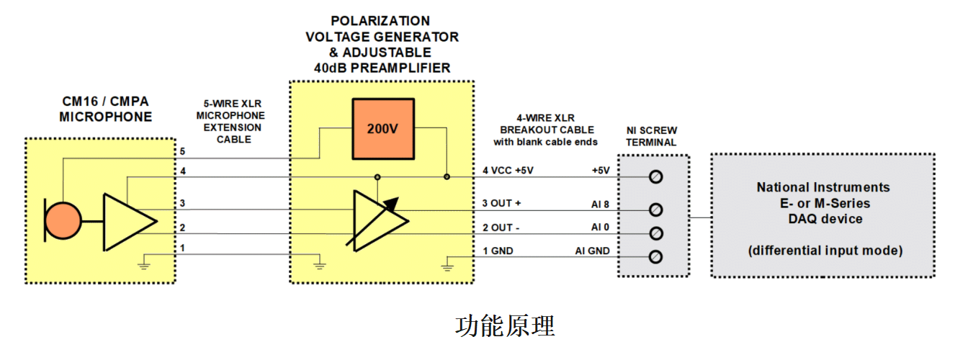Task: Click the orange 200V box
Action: [383, 129]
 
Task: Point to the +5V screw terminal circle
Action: [655, 176]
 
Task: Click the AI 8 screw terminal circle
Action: [655, 209]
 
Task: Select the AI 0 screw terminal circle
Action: [655, 233]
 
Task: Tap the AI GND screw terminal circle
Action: [655, 256]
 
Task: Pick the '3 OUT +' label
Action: [502, 203]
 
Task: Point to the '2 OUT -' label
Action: [501, 228]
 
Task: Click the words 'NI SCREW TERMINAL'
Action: [651, 136]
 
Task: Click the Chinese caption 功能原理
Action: [505, 326]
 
